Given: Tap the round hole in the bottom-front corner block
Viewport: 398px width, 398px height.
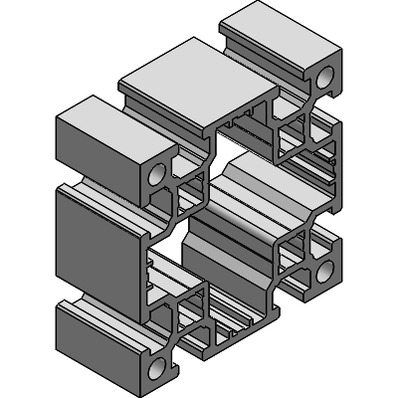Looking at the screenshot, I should [x=156, y=368].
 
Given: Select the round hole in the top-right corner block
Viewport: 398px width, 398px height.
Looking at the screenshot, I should [x=326, y=78].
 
